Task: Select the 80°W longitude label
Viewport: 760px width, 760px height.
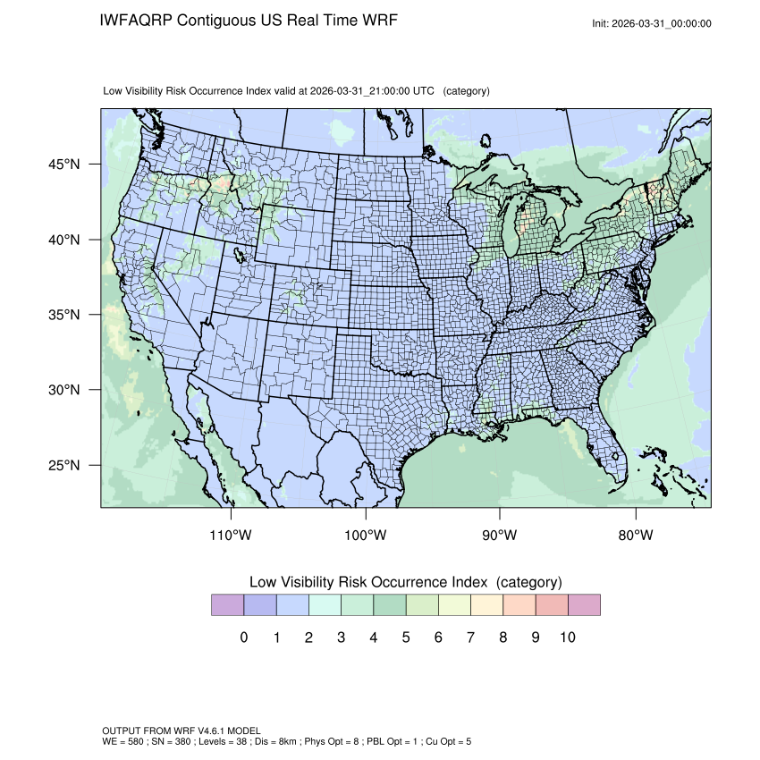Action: [x=636, y=536]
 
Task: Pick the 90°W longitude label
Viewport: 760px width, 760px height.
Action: [x=501, y=536]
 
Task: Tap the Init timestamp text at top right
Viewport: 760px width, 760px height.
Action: [x=652, y=23]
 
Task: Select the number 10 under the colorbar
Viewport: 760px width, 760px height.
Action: [x=567, y=638]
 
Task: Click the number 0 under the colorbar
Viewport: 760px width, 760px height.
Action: [x=244, y=638]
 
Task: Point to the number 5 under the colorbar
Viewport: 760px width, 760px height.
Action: [x=406, y=638]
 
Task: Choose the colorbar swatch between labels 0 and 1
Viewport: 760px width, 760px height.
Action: [x=260, y=605]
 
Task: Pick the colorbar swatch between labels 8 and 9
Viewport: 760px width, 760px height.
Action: [x=519, y=605]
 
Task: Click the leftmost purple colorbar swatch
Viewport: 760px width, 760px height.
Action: [x=228, y=605]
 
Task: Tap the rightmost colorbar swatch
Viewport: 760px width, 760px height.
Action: [x=584, y=605]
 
